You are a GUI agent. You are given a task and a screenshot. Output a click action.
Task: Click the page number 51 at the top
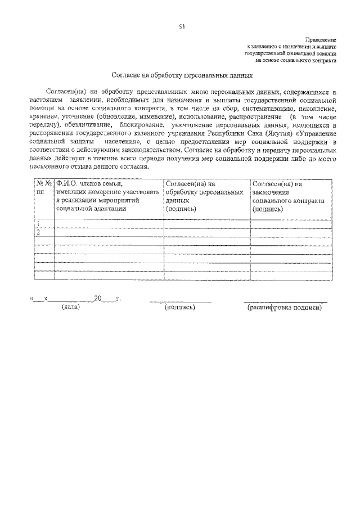click(182, 26)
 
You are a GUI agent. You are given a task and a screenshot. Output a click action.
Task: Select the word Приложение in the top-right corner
click(321, 40)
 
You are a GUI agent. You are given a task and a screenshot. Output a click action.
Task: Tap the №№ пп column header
click(44, 187)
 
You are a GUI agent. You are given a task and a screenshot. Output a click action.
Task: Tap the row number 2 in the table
click(38, 232)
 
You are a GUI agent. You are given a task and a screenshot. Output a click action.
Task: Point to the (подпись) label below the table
click(179, 308)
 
